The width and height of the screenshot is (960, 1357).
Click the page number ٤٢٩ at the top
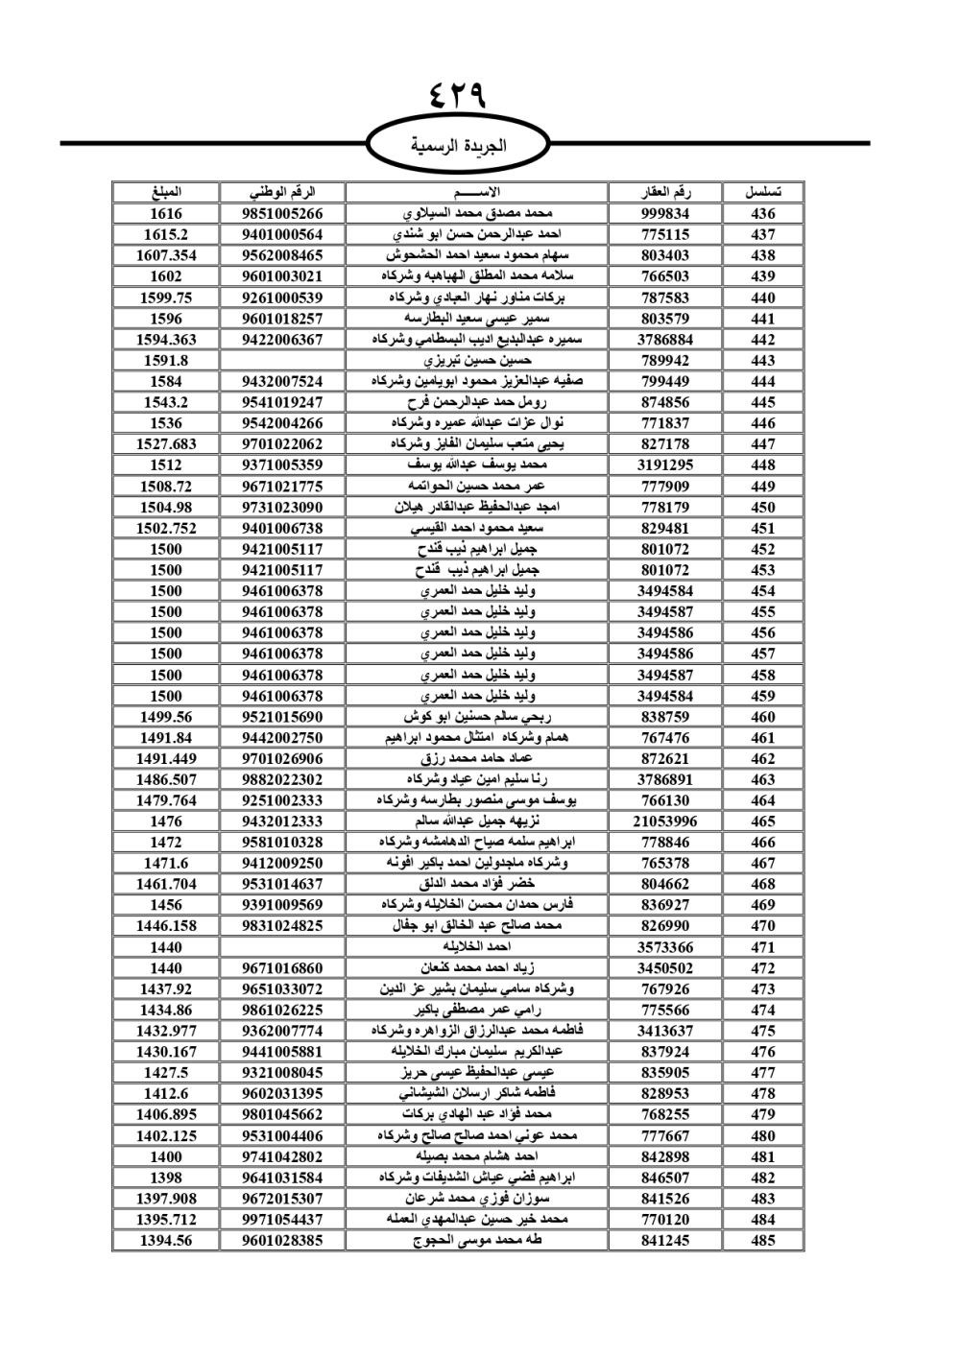[457, 95]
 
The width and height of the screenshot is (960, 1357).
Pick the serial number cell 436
[763, 214]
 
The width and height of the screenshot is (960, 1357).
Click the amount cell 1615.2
[166, 234]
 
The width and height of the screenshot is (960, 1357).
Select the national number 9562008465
[282, 255]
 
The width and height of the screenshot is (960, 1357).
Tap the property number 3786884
[665, 339]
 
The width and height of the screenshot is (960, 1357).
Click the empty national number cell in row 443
[282, 360]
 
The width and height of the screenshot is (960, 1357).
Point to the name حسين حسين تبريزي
[476, 360]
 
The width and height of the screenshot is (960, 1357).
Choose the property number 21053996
[665, 821]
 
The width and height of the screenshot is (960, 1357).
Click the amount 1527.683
[166, 443]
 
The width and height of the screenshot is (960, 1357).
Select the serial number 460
[763, 717]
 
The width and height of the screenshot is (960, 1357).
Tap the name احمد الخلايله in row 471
[476, 947]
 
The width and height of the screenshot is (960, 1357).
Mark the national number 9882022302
[282, 779]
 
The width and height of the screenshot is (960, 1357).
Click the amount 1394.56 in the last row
[166, 1240]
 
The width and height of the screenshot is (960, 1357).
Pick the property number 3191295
[665, 464]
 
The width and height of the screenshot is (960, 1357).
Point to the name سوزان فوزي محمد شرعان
[476, 1199]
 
